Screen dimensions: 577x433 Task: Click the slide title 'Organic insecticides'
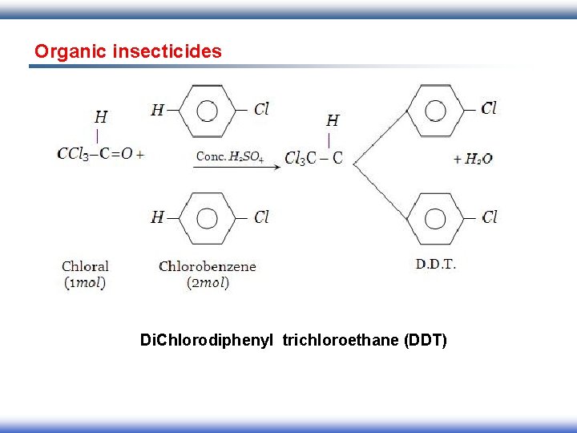click(127, 51)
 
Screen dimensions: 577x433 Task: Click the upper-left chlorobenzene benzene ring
click(207, 110)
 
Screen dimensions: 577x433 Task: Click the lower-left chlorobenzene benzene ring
click(207, 217)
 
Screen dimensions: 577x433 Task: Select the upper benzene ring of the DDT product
click(436, 110)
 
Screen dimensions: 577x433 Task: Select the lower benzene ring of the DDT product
click(436, 217)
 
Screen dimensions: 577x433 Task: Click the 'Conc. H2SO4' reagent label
click(229, 156)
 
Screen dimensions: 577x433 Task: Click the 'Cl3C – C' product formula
click(313, 158)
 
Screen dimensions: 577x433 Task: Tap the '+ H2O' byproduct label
click(473, 159)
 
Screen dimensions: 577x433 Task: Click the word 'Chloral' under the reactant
click(85, 266)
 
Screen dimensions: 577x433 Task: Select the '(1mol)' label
click(85, 282)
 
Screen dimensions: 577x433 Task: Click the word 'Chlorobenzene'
click(208, 266)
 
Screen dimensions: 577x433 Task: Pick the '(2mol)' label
click(208, 282)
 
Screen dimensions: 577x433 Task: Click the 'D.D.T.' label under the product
click(436, 263)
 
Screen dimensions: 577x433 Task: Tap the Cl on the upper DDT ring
click(489, 108)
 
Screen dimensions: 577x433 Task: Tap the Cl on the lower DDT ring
click(489, 217)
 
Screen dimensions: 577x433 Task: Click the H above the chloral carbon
click(101, 117)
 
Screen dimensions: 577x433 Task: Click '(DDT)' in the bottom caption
click(426, 341)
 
